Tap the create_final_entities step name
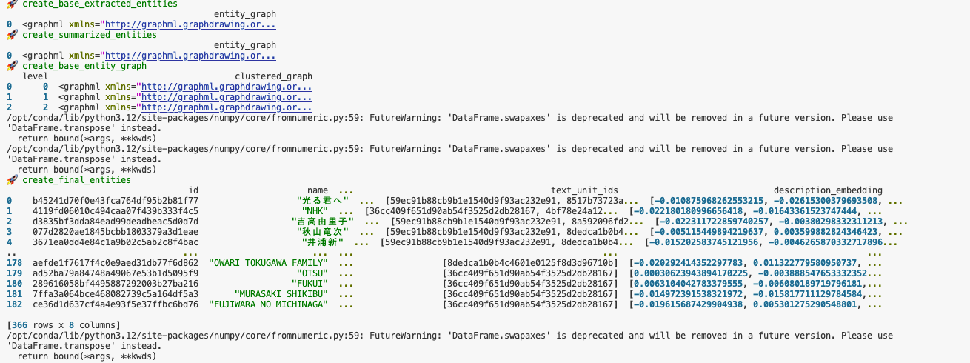(76, 180)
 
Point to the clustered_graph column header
(273, 76)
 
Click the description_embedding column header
(828, 190)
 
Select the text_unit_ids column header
(584, 190)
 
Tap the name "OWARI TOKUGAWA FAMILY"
(268, 263)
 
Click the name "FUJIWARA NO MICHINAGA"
(268, 304)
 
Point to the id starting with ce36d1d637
(115, 304)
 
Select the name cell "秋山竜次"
(315, 232)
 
